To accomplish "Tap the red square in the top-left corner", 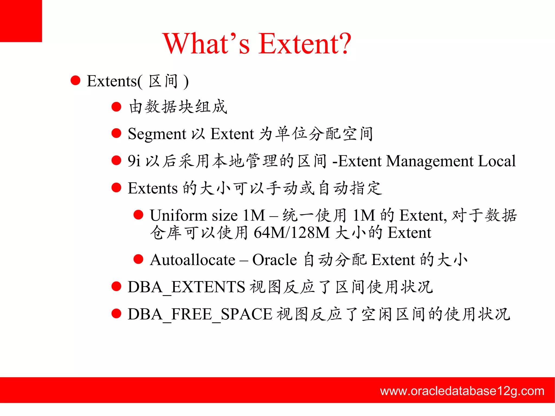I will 21,21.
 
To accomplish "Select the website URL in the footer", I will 462,391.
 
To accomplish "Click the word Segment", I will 157,134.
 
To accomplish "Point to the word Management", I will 430,161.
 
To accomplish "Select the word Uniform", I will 178,216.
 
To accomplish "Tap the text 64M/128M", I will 291,233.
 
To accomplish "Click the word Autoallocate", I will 192,260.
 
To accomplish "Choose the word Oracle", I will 274,260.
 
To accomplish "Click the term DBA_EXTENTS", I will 186,287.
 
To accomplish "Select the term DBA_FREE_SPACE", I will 200,314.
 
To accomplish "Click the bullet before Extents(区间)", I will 75,80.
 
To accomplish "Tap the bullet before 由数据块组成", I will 116,107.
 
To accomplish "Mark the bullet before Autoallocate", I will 138,259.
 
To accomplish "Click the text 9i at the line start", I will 134,161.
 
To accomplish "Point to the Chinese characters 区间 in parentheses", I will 163,81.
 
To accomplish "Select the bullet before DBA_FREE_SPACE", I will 116,314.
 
